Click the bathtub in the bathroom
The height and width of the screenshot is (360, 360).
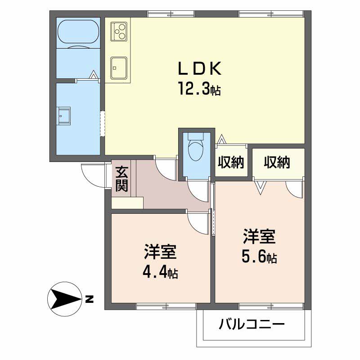pyautogui.click(x=78, y=32)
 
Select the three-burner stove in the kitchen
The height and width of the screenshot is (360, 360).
pyautogui.click(x=119, y=31)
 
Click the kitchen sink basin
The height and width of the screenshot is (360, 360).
pyautogui.click(x=119, y=68)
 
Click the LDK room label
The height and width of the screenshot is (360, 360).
pyautogui.click(x=200, y=68)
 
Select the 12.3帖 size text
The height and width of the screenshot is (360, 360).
pyautogui.click(x=199, y=89)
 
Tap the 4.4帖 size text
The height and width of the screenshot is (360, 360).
pyautogui.click(x=160, y=273)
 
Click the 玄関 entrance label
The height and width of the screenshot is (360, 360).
pyautogui.click(x=121, y=179)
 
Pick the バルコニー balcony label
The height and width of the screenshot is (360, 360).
pyautogui.click(x=252, y=324)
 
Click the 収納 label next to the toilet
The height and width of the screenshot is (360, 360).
pyautogui.click(x=231, y=162)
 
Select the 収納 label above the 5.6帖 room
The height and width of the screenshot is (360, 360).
pyautogui.click(x=277, y=162)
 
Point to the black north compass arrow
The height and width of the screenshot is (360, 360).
pyautogui.click(x=66, y=299)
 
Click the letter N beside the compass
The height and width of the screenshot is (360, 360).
pyautogui.click(x=89, y=299)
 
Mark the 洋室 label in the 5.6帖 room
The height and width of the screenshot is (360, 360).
pyautogui.click(x=259, y=237)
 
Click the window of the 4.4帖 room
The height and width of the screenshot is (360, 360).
pyautogui.click(x=166, y=306)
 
